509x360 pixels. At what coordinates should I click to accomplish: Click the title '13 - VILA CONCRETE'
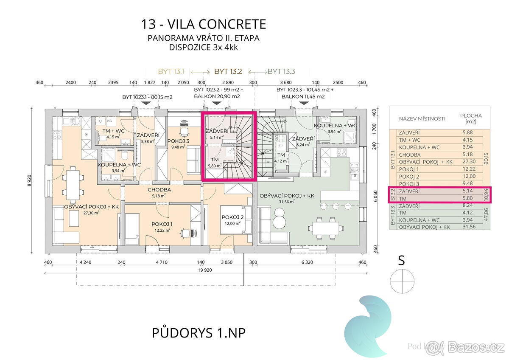pos(204,24)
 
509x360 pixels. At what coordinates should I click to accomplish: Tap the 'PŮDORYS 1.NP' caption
pos(199,333)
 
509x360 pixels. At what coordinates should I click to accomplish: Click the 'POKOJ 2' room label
pos(232,217)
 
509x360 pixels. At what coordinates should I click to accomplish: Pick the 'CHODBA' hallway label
pos(159,190)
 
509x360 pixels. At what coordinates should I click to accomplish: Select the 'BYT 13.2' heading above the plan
pos(228,71)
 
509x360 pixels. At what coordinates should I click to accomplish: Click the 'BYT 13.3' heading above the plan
pos(281,71)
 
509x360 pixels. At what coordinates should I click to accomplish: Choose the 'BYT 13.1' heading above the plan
pos(172,71)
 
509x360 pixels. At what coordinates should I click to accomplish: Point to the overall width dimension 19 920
pos(204,270)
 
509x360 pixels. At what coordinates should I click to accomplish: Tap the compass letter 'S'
pos(401,261)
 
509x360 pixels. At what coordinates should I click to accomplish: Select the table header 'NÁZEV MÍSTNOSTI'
pos(422,119)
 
